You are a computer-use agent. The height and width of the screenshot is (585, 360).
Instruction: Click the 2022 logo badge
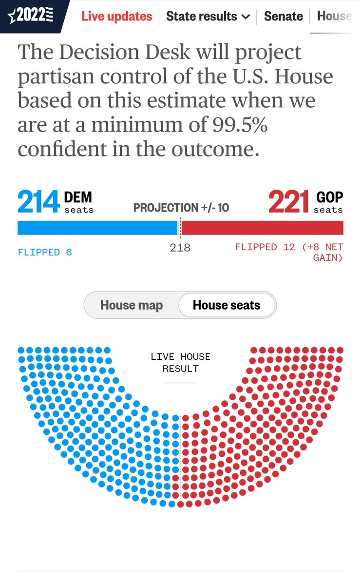tap(31, 16)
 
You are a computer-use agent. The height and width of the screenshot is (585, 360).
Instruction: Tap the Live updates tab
tap(116, 16)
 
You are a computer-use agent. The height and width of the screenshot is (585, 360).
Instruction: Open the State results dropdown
tap(208, 16)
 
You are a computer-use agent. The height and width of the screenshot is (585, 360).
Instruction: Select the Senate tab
tap(283, 16)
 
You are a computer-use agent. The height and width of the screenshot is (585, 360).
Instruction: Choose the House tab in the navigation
tap(334, 16)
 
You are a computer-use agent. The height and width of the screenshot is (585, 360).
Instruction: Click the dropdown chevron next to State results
tap(246, 17)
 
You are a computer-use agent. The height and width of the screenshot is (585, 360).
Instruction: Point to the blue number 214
tap(38, 202)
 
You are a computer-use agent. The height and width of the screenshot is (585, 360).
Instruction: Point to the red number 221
tap(289, 202)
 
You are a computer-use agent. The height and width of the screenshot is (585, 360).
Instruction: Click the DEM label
tap(78, 197)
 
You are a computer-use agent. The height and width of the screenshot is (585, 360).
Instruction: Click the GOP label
tap(330, 197)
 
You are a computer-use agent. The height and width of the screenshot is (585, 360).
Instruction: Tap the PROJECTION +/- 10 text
tap(181, 208)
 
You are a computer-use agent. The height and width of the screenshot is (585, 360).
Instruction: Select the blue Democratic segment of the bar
tap(97, 228)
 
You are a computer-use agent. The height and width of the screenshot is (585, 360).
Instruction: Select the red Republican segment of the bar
tap(262, 228)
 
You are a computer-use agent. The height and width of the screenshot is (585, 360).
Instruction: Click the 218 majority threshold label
tap(180, 248)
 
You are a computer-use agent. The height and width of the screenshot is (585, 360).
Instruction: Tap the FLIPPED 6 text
tap(45, 252)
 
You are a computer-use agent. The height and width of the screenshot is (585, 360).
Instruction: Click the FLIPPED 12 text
tap(265, 247)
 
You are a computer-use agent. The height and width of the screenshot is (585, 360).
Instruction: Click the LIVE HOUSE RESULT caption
tap(180, 363)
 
